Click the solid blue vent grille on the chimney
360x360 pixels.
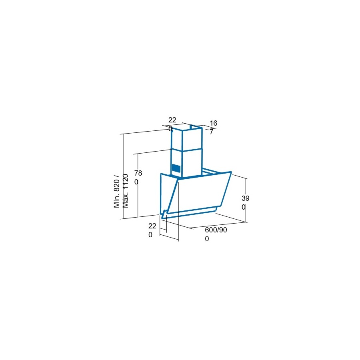176,168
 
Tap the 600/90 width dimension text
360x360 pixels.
216,230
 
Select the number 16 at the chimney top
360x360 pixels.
213,123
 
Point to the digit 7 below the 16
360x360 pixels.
211,132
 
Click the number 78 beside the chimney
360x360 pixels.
138,173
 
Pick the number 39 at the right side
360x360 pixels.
246,198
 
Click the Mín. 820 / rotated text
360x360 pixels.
117,191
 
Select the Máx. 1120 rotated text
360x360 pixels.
125,191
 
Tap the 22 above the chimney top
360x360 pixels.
172,120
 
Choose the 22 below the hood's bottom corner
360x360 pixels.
152,226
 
